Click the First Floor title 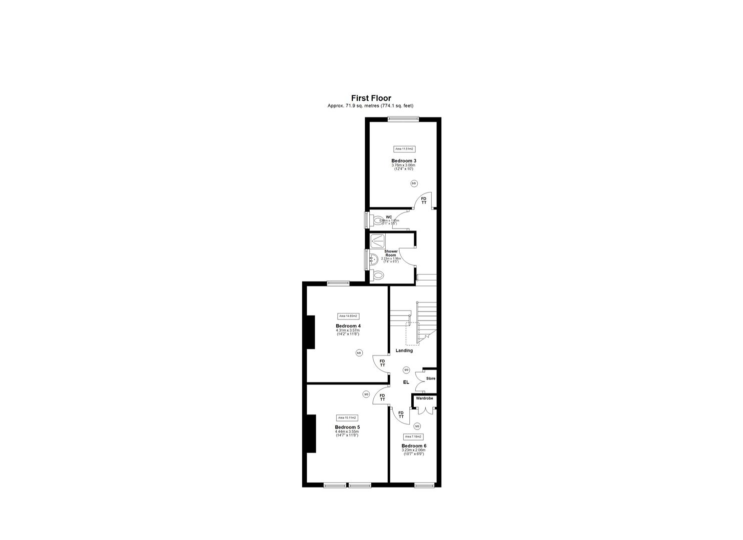(x=371, y=98)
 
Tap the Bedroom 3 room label (x=404, y=160)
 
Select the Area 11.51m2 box (x=404, y=149)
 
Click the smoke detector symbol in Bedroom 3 (x=414, y=183)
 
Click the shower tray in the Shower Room (x=377, y=241)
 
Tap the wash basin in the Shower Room (x=374, y=259)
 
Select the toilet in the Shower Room (x=378, y=274)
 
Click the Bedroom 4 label (x=348, y=326)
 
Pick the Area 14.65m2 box (x=349, y=316)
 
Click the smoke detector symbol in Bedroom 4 (x=359, y=353)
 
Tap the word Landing (x=404, y=350)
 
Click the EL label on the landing (x=406, y=382)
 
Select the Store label (x=431, y=378)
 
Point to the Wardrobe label (x=424, y=398)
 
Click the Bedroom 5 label (x=347, y=427)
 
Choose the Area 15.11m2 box (x=347, y=417)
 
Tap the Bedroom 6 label (x=414, y=445)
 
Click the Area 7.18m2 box (x=414, y=436)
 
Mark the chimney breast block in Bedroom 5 (x=311, y=433)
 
